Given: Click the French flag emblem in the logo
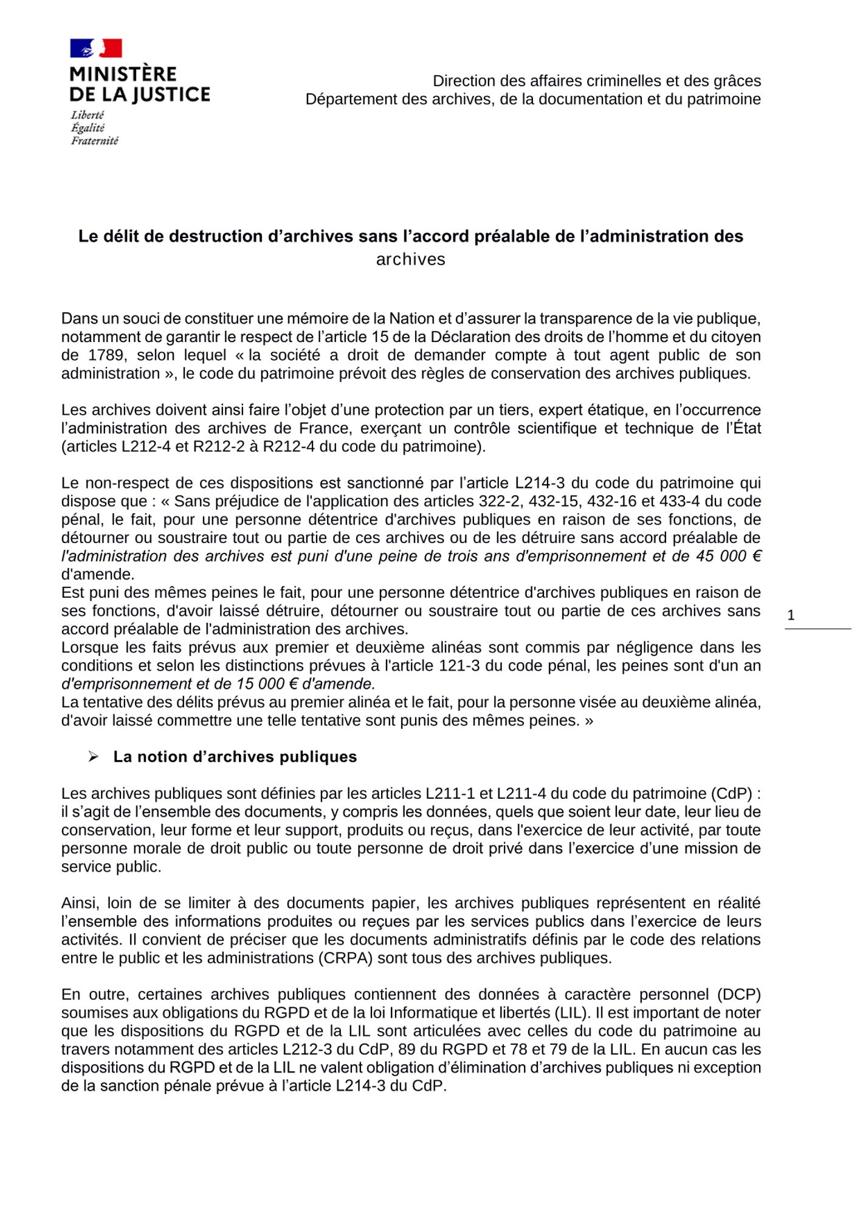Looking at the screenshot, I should click(x=96, y=48).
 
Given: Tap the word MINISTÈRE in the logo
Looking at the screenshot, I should click(x=123, y=74).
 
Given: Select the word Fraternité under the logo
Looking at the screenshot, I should click(x=94, y=141).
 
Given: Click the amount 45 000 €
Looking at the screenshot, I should click(x=729, y=556).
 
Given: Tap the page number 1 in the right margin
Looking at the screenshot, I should click(x=791, y=615).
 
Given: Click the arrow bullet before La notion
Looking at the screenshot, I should click(x=93, y=756).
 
